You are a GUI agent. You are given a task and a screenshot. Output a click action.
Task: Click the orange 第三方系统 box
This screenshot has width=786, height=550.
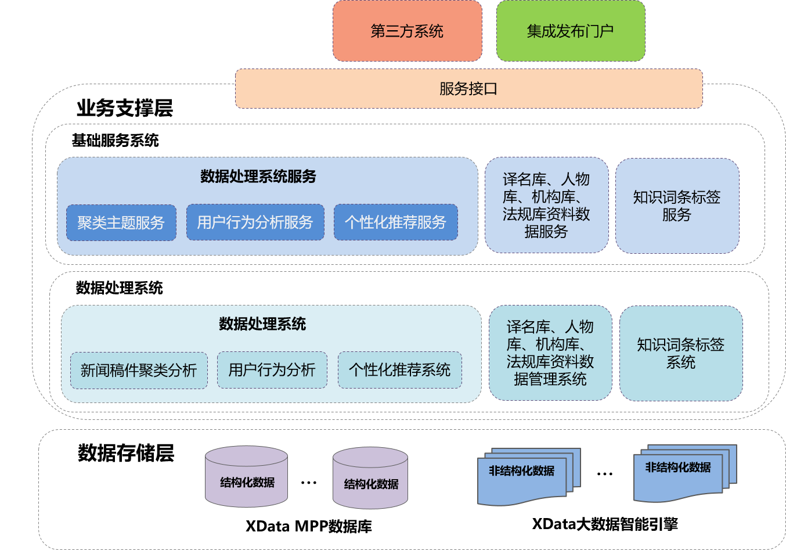pyautogui.click(x=407, y=31)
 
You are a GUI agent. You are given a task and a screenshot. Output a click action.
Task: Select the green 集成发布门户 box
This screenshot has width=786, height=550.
pyautogui.click(x=570, y=31)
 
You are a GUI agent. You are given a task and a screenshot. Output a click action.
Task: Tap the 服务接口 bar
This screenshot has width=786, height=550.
pyautogui.click(x=468, y=89)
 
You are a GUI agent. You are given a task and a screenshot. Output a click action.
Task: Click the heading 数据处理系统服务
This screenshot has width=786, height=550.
pyautogui.click(x=258, y=177)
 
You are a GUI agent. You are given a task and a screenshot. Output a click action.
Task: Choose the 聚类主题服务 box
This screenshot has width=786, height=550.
pyautogui.click(x=121, y=222)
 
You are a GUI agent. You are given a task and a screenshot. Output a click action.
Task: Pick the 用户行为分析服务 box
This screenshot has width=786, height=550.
pyautogui.click(x=255, y=222)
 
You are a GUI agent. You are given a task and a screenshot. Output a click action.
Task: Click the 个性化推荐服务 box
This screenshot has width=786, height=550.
pyautogui.click(x=395, y=222)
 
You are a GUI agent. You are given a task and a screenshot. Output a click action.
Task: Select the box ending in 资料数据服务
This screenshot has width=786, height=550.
pyautogui.click(x=546, y=205)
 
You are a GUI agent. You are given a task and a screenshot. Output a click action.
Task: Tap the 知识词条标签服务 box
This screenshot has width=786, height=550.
pyautogui.click(x=677, y=206)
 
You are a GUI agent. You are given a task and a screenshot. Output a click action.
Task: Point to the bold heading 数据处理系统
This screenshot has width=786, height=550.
pyautogui.click(x=262, y=324)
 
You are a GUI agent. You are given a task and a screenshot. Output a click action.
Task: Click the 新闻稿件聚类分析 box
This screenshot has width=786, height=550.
pyautogui.click(x=139, y=370)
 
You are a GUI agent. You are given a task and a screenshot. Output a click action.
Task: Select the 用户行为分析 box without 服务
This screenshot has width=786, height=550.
pyautogui.click(x=272, y=369)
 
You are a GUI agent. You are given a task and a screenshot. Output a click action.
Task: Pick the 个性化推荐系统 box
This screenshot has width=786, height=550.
pyautogui.click(x=399, y=369)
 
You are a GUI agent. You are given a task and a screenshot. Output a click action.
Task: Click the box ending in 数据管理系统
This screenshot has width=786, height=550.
pyautogui.click(x=550, y=353)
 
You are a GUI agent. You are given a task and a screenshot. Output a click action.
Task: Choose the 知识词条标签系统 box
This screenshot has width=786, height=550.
pyautogui.click(x=680, y=353)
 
